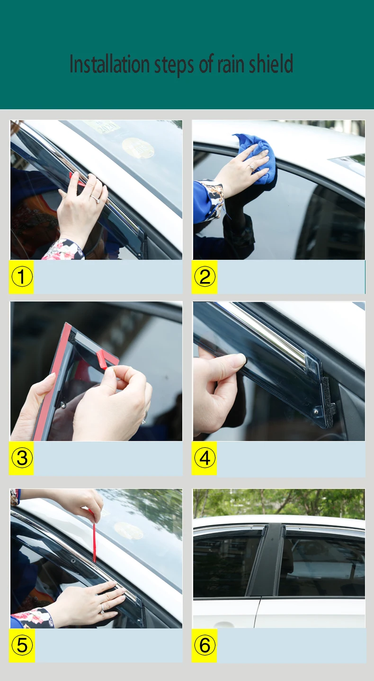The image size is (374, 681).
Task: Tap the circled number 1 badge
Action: coord(22,276)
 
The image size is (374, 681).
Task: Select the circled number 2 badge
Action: coord(205,276)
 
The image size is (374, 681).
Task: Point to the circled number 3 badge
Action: coord(22,458)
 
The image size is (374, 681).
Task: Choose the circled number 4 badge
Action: coord(205,458)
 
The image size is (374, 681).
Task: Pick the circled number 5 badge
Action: coord(22,645)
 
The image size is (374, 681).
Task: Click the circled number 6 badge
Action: coord(205,645)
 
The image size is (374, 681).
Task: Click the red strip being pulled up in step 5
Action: coord(94,539)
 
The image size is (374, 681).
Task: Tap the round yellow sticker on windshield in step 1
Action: coord(138,148)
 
